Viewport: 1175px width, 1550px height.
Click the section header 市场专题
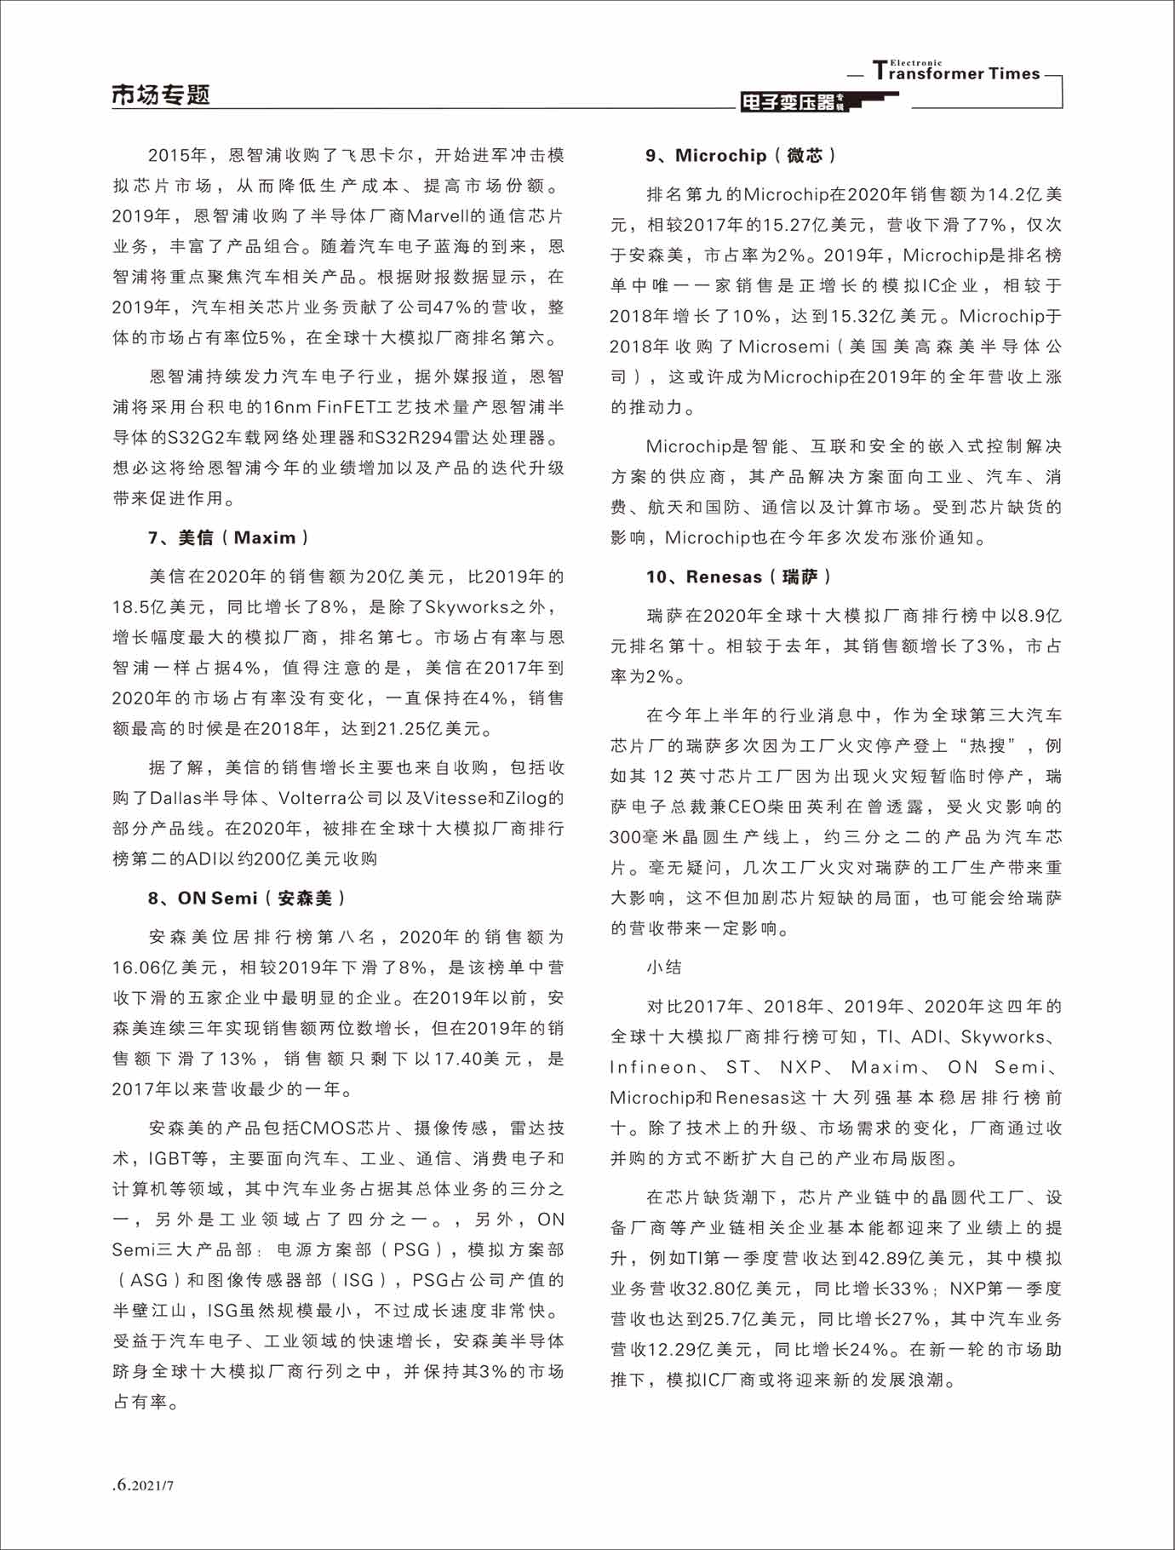pyautogui.click(x=160, y=95)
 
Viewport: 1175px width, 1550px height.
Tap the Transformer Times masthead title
pyautogui.click(x=956, y=72)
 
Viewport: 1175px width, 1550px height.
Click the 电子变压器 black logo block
pyautogui.click(x=792, y=102)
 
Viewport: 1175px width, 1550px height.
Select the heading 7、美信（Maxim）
pyautogui.click(x=228, y=537)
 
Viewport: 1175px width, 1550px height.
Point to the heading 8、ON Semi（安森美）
pyautogui.click(x=247, y=898)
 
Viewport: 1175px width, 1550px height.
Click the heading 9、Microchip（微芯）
pyautogui.click(x=741, y=155)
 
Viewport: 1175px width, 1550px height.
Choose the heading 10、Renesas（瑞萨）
pyautogui.click(x=738, y=577)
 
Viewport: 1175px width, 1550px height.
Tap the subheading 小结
pyautogui.click(x=663, y=967)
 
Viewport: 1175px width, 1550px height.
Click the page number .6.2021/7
pyautogui.click(x=143, y=1484)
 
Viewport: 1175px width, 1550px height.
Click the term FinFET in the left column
pyautogui.click(x=349, y=407)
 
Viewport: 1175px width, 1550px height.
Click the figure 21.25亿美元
pyautogui.click(x=416, y=729)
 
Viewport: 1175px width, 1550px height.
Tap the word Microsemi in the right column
pyautogui.click(x=783, y=347)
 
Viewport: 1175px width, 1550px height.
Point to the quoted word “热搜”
pyautogui.click(x=992, y=746)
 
